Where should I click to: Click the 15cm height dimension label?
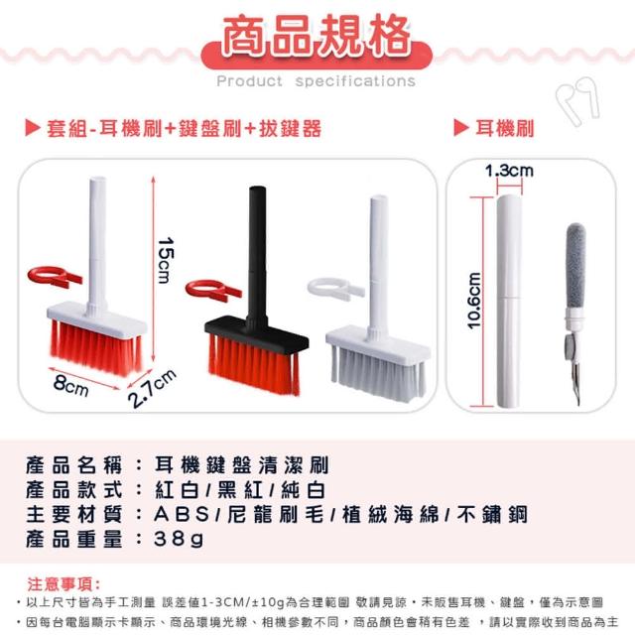(166, 260)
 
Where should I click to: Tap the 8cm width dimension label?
(70, 385)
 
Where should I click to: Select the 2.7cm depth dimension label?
(152, 388)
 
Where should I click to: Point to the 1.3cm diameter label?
(509, 171)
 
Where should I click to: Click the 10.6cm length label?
(474, 301)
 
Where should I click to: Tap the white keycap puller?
(335, 289)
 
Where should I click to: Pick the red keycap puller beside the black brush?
(212, 291)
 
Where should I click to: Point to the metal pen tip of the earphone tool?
(575, 383)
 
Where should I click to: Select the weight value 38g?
(179, 539)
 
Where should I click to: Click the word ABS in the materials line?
(182, 514)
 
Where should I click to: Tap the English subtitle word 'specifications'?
(355, 81)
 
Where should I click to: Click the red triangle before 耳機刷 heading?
(460, 128)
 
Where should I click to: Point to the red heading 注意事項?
(63, 584)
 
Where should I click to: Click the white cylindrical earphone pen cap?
(509, 301)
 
